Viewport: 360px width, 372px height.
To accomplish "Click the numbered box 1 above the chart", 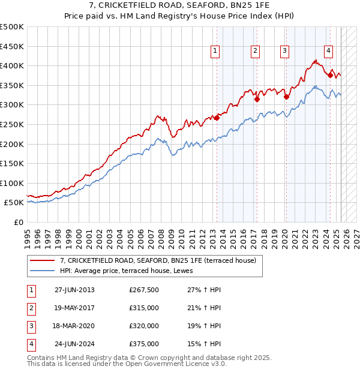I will (x=215, y=52).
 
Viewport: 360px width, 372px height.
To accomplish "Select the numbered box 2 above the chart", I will (x=256, y=52).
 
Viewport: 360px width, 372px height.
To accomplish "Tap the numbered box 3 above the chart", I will (x=284, y=52).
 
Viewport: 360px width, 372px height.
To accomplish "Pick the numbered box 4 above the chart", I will (x=329, y=52).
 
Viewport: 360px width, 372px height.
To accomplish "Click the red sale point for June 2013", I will (x=217, y=118).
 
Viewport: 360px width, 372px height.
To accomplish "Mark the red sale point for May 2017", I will (x=257, y=100).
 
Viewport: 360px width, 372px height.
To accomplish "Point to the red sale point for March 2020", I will (x=286, y=97).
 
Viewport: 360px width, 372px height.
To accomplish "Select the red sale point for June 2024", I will (x=330, y=75).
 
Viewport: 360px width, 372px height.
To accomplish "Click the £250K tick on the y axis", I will (x=11, y=124).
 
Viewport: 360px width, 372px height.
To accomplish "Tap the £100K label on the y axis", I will (x=11, y=183).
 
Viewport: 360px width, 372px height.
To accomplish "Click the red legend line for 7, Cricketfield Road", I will (x=42, y=260).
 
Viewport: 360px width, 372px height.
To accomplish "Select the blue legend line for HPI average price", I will (x=42, y=271).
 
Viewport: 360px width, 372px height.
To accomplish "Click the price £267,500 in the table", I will (x=144, y=290).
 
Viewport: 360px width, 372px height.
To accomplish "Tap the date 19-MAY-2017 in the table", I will (x=74, y=308).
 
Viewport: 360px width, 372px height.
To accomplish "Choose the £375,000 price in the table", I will (x=144, y=344).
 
